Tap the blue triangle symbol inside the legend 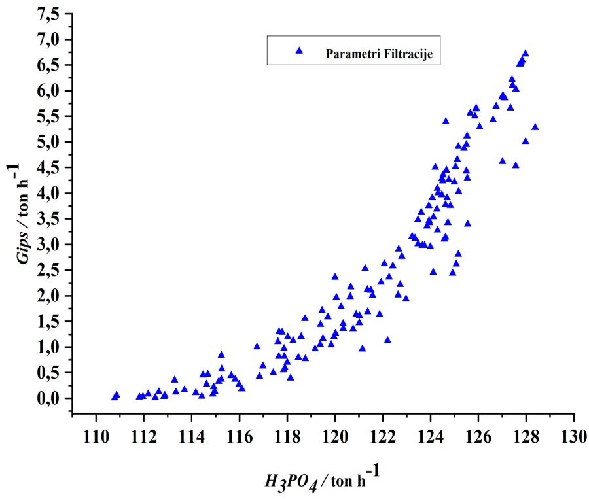(299, 50)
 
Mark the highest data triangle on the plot (525, 54)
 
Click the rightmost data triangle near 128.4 (535, 127)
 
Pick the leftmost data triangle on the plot (115, 397)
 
